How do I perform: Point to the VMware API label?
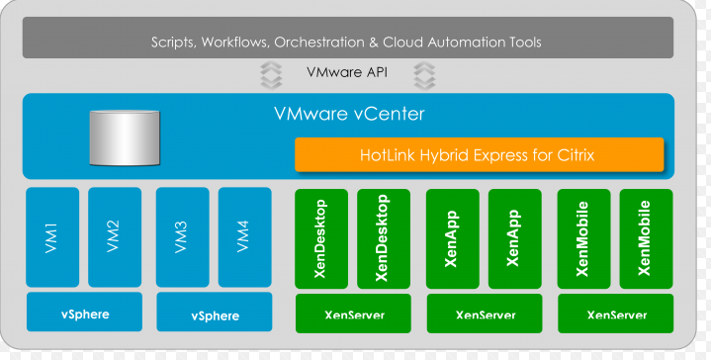click(345, 73)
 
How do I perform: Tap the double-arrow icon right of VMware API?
click(424, 73)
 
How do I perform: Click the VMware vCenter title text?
click(349, 114)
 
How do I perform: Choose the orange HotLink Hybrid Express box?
click(479, 155)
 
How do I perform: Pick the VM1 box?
click(52, 237)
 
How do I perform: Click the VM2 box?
click(115, 237)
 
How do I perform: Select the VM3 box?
click(182, 237)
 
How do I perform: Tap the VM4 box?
click(244, 237)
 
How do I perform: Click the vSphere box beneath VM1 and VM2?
click(84, 314)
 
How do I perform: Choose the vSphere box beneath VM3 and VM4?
click(213, 315)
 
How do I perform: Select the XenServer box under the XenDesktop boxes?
click(354, 315)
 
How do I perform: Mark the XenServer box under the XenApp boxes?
click(485, 315)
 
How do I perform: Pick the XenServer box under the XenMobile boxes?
click(616, 315)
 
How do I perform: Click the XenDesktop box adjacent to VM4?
click(321, 237)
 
